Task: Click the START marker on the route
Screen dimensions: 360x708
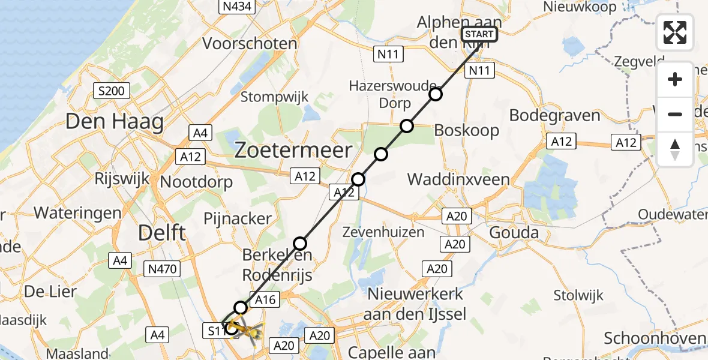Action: (x=479, y=34)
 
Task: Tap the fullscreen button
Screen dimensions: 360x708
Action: (x=675, y=32)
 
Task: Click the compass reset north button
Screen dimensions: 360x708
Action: (x=675, y=150)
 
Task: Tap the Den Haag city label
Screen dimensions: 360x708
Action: (x=115, y=122)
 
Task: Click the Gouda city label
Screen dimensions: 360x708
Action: (x=514, y=233)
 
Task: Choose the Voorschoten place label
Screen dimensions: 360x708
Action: (x=250, y=44)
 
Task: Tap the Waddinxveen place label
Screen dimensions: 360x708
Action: (x=458, y=179)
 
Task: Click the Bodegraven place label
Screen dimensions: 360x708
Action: (x=554, y=115)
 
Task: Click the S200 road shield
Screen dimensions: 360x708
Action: (x=112, y=91)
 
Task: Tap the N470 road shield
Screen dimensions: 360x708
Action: (x=163, y=269)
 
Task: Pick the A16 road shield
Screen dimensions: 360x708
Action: (x=266, y=300)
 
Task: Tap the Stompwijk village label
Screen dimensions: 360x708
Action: (x=274, y=97)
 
